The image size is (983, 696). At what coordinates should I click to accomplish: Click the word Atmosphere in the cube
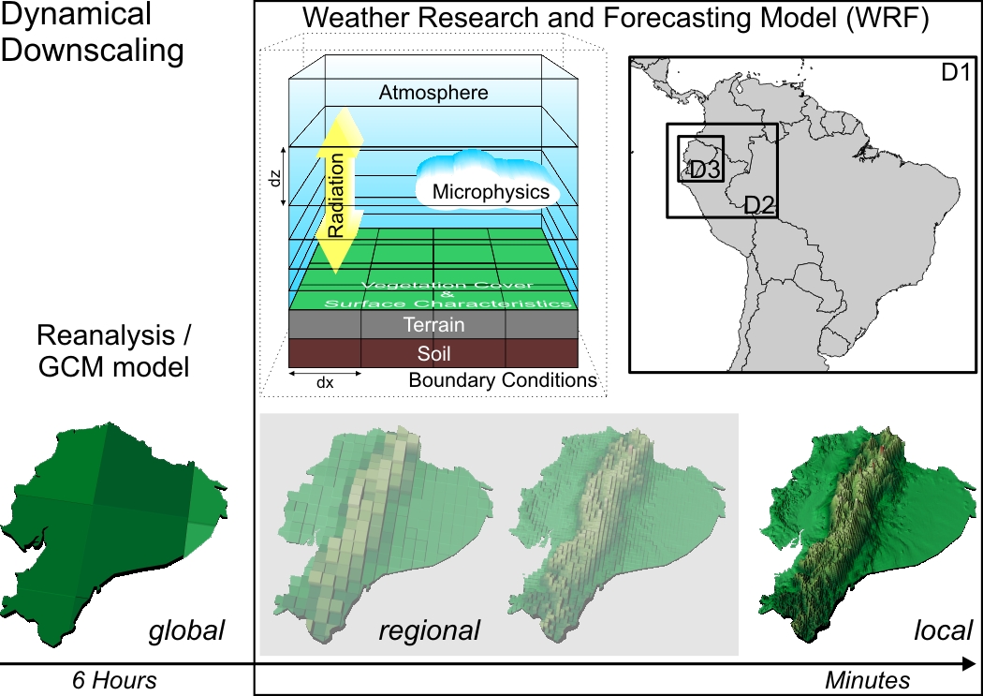(433, 93)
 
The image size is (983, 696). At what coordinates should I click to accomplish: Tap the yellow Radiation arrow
(339, 190)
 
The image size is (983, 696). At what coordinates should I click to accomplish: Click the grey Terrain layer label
(433, 325)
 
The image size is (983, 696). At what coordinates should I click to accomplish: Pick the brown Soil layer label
(433, 354)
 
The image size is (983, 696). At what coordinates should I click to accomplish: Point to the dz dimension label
(274, 178)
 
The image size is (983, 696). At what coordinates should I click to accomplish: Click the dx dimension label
(325, 382)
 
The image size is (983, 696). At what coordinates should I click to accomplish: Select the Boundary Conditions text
(503, 380)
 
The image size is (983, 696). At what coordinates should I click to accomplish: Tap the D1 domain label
(956, 72)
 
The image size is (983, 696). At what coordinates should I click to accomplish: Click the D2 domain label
(760, 205)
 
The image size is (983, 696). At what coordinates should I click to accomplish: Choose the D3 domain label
(705, 169)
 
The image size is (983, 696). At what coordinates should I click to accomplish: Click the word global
(187, 630)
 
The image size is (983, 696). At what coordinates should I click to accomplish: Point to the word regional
(430, 630)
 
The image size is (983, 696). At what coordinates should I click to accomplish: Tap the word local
(943, 630)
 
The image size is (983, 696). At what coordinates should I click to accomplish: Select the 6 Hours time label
(115, 680)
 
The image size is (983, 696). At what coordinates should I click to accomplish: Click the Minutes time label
(868, 680)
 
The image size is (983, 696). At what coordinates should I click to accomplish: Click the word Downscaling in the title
(92, 51)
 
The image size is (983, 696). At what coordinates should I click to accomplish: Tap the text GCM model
(113, 366)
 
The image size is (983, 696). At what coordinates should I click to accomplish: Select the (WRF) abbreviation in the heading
(887, 18)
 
